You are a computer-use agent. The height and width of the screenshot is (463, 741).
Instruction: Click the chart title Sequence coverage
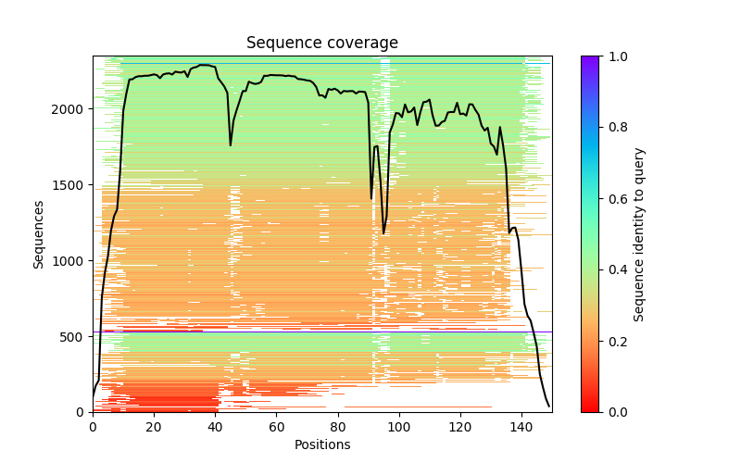coord(321,44)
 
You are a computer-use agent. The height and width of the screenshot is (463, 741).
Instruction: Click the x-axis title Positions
coord(321,444)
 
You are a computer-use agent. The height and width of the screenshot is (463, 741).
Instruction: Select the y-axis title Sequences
coord(39,233)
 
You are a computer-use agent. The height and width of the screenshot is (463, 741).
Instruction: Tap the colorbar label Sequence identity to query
coord(639,233)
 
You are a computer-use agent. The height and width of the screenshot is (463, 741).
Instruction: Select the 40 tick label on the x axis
coord(215,427)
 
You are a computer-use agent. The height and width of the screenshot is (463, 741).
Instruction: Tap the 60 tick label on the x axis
coord(276,427)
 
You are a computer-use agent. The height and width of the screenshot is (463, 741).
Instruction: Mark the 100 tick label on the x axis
coord(399,427)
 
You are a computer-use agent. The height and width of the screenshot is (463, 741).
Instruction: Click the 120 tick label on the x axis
coord(460,427)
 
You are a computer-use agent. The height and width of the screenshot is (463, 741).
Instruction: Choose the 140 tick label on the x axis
coord(521,427)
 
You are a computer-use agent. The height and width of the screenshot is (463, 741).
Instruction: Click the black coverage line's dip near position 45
coord(231,144)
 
